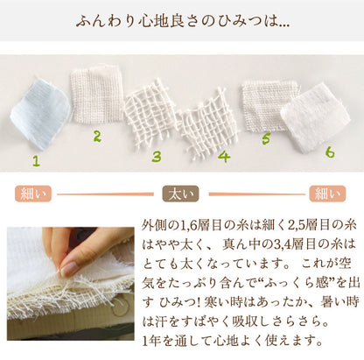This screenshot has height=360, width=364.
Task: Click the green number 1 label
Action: [36, 161]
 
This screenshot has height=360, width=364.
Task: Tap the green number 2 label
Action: [97, 137]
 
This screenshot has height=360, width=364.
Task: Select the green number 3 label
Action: [157, 157]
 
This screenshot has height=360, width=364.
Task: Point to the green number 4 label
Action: [224, 156]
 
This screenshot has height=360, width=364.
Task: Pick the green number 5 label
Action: [266, 138]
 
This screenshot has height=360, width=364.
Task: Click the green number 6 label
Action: [330, 152]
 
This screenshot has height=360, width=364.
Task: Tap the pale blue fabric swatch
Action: [40, 114]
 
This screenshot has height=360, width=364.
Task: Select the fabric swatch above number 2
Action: [96, 94]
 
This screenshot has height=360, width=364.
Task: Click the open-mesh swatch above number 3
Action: [150, 115]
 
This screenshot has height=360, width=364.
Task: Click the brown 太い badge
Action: [180, 194]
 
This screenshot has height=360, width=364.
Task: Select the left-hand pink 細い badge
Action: [33, 194]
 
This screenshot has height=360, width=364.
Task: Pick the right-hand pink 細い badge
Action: [327, 194]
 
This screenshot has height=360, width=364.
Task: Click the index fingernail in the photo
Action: [69, 269]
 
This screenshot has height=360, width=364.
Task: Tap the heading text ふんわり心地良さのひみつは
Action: [178, 21]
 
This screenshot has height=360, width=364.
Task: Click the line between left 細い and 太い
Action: [105, 194]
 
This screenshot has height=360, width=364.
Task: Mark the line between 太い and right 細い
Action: [257, 194]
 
